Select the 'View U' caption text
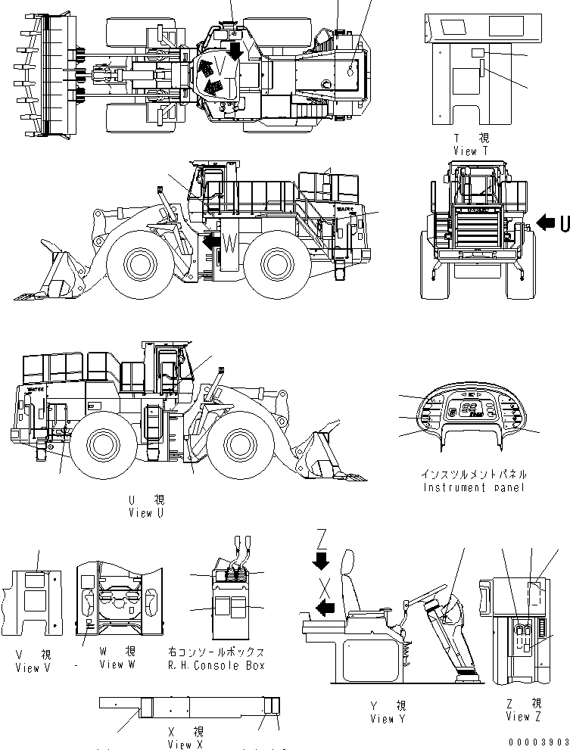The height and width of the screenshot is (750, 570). click(x=145, y=514)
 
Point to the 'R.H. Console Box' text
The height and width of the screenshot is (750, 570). click(x=216, y=665)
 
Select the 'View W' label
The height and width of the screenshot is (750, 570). click(x=117, y=664)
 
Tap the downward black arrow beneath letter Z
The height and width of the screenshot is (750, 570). click(x=321, y=561)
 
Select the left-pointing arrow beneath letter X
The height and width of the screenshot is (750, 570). click(x=325, y=606)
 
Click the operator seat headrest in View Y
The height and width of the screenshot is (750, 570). click(x=348, y=564)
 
